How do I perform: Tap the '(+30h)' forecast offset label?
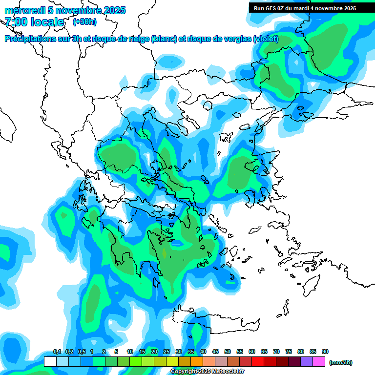click(84, 21)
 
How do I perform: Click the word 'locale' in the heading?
click(47, 22)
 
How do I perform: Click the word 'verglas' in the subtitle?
click(236, 39)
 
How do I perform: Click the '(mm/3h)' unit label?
click(340, 362)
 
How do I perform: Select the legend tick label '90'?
click(325, 352)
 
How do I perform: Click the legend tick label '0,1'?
click(57, 352)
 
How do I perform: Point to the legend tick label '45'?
click(215, 352)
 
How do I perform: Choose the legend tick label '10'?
click(130, 352)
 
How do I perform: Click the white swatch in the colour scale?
click(50, 362)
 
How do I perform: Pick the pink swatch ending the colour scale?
click(319, 362)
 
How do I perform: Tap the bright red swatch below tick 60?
click(258, 362)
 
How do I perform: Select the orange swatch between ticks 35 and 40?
click(197, 362)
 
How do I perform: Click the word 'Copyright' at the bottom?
click(184, 372)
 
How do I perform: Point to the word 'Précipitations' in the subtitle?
click(29, 39)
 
